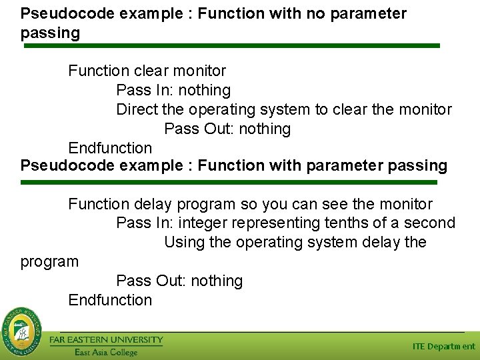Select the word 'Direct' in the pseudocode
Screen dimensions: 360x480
(x=137, y=109)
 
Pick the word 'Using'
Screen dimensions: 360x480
(x=184, y=242)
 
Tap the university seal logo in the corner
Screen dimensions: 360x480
(x=21, y=330)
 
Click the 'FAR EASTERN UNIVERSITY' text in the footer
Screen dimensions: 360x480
(x=106, y=340)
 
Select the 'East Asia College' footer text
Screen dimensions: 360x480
(x=105, y=352)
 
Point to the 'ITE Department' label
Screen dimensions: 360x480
(x=443, y=346)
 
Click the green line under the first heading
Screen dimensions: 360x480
(x=232, y=46)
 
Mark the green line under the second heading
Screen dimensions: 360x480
(x=229, y=182)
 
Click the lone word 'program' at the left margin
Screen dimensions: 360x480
(x=49, y=261)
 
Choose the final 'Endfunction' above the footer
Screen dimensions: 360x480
(x=110, y=300)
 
